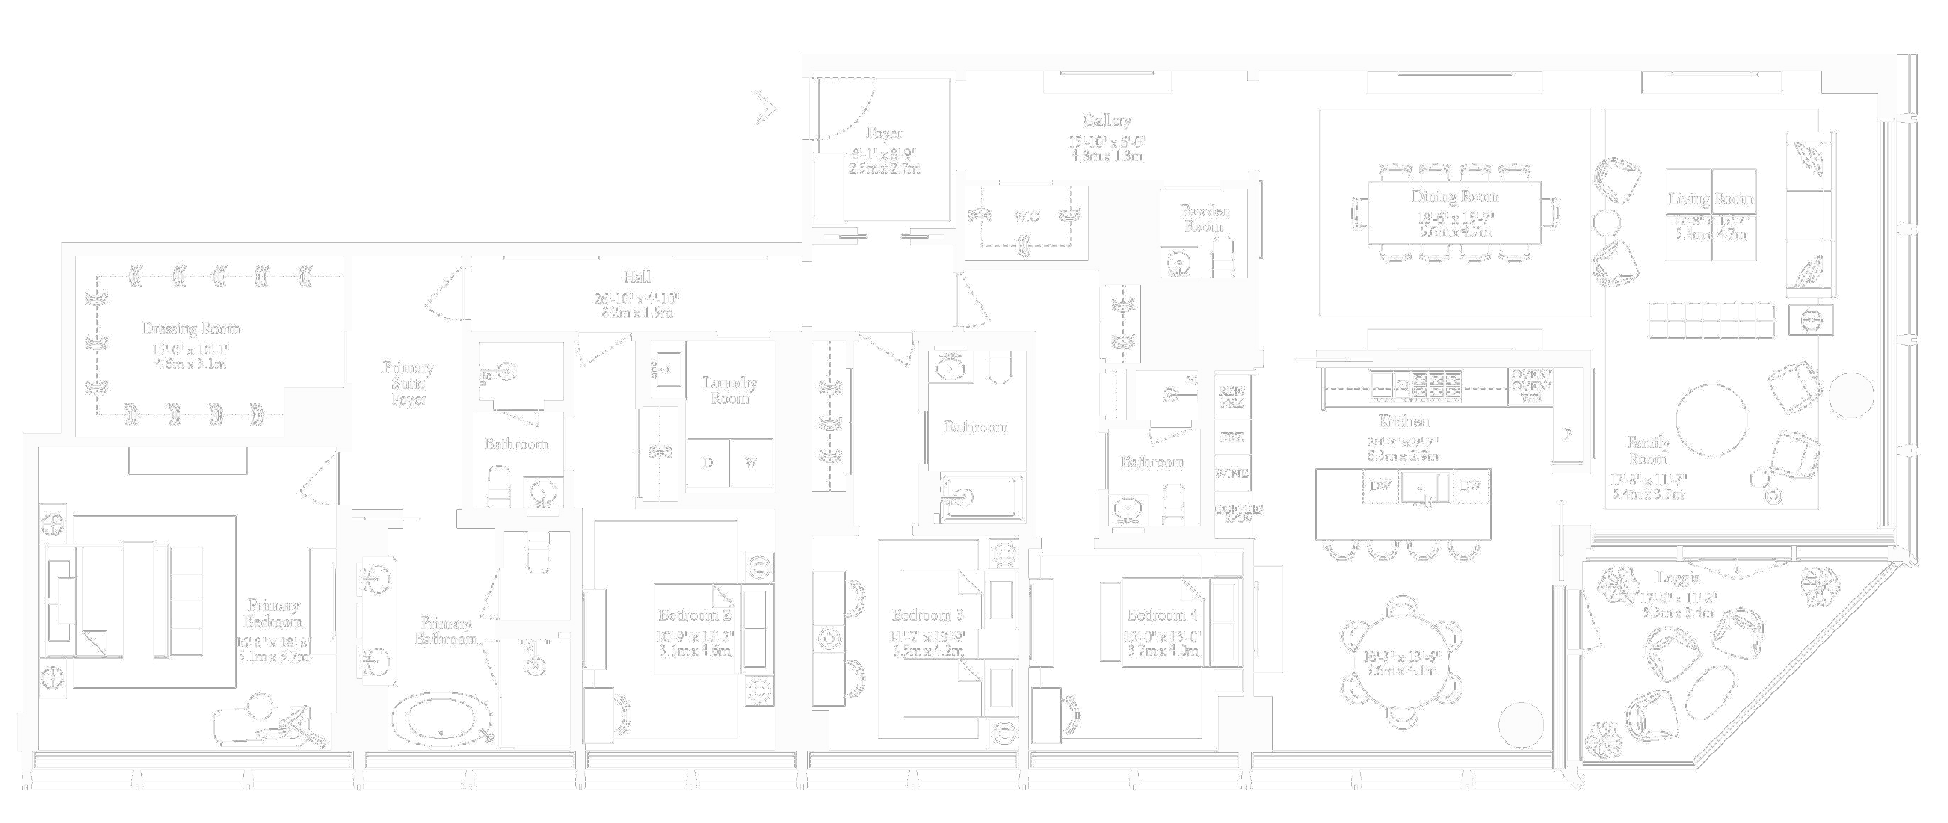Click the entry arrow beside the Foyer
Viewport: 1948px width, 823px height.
coord(766,109)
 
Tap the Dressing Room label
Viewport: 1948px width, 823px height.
coord(191,329)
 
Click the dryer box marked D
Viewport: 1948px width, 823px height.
coord(708,463)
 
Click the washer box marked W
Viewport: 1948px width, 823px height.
coord(750,463)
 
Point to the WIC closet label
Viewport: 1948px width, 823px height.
coord(1027,217)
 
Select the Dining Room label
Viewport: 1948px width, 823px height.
coord(1454,197)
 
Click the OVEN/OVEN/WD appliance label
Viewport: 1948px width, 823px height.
coord(1531,386)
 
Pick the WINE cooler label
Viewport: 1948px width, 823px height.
coord(1231,474)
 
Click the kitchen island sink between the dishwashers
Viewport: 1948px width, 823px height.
coord(1425,488)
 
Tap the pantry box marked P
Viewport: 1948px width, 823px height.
coord(1568,435)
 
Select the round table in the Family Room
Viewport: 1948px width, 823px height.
coord(1711,420)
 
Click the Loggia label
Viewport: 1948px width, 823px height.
coord(1677,578)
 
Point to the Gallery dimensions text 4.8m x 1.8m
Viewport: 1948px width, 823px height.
coord(1106,156)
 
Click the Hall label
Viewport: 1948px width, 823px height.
coord(637,277)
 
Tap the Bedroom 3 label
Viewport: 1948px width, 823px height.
coord(927,615)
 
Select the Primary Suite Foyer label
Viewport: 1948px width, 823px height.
coord(409,383)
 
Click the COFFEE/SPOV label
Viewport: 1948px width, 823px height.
coord(1238,513)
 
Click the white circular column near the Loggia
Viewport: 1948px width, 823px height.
coord(1521,725)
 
